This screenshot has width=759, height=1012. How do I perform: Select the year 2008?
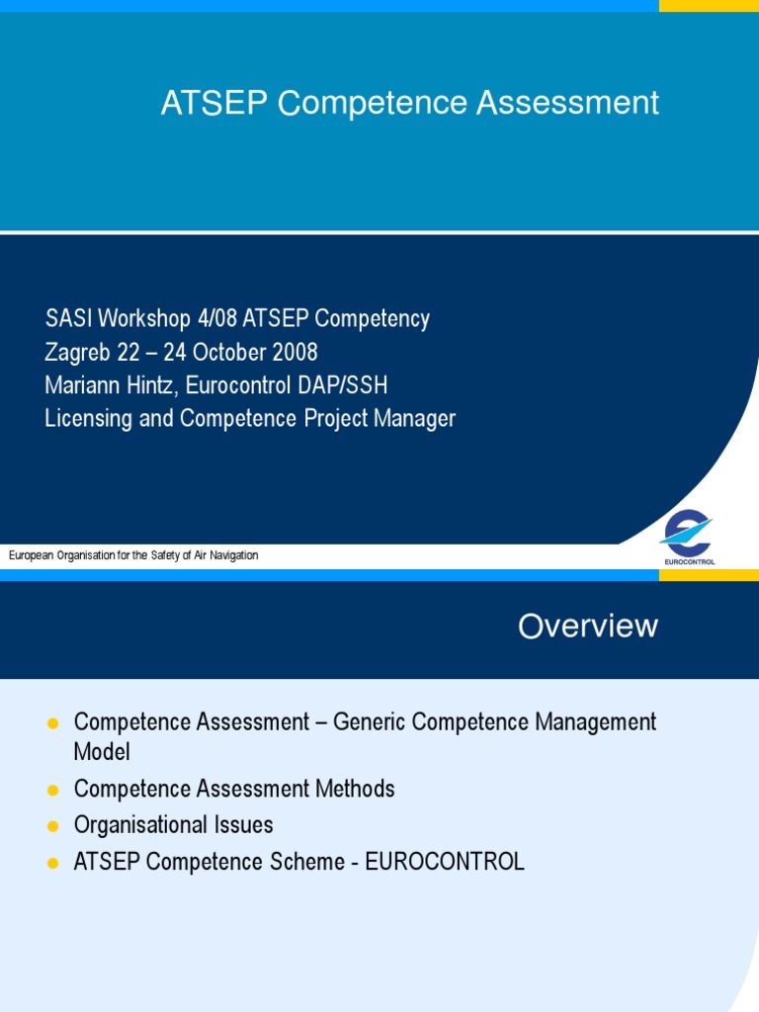pos(294,352)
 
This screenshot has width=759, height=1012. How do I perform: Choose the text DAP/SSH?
pos(347,384)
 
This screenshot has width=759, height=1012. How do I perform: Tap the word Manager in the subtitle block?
pos(413,418)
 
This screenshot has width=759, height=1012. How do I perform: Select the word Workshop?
pos(145,318)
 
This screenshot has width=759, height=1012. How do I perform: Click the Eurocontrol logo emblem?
pos(687,534)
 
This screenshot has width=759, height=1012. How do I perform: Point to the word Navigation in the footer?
pos(232,555)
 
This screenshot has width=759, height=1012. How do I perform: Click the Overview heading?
pos(588,626)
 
